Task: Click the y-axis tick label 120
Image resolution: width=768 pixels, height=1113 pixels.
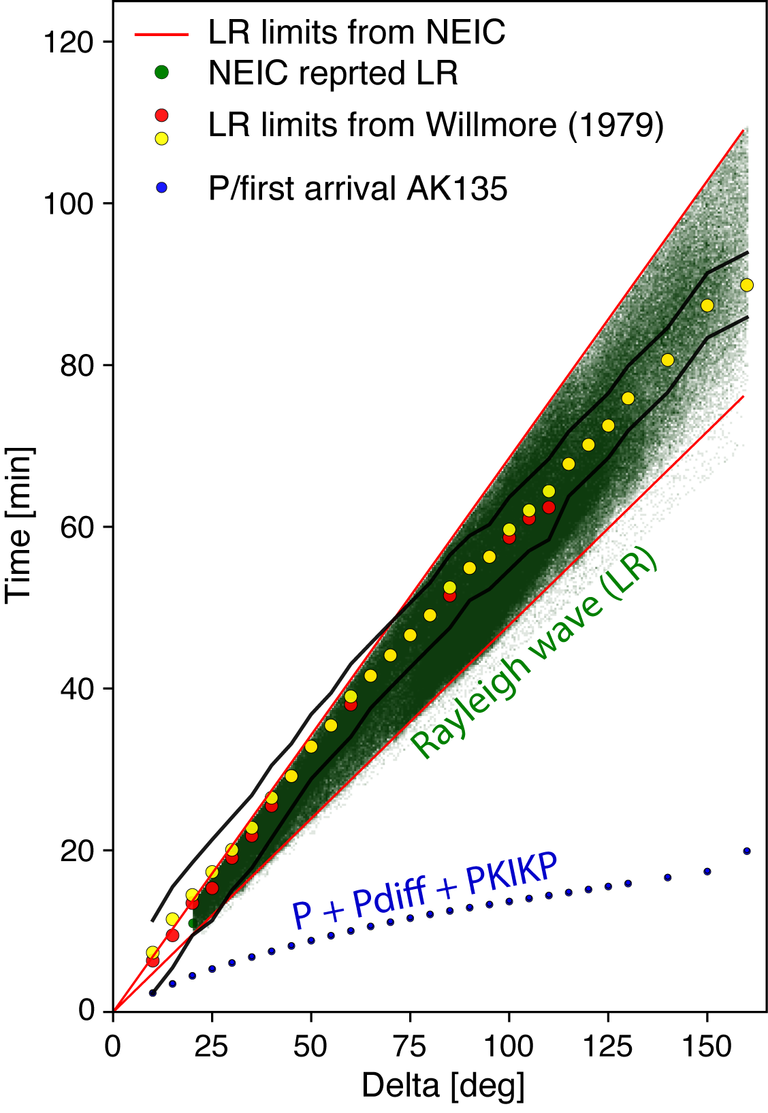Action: pos(67,43)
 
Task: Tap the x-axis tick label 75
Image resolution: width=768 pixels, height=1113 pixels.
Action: pos(410,1046)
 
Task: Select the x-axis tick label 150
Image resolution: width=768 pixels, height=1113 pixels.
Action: pos(707,1046)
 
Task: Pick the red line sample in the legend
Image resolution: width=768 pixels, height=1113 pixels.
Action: pos(161,33)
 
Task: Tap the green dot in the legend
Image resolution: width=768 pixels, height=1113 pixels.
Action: pos(161,72)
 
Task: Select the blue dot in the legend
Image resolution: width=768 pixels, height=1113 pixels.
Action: pos(161,188)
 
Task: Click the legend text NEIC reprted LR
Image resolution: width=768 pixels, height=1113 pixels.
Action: pos(333,73)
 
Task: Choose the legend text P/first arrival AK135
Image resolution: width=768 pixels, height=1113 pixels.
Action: pos(357,189)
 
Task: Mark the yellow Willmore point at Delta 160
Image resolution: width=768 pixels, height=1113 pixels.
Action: pos(747,285)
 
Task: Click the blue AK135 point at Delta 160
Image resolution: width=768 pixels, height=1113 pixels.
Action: pos(747,851)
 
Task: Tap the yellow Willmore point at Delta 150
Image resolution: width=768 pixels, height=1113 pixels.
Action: pos(707,306)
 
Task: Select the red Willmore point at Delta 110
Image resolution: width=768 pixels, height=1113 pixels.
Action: pos(549,507)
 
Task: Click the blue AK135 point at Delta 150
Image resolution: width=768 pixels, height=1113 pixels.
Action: pos(707,871)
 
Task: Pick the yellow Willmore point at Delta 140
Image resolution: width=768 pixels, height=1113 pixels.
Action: pos(667,359)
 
